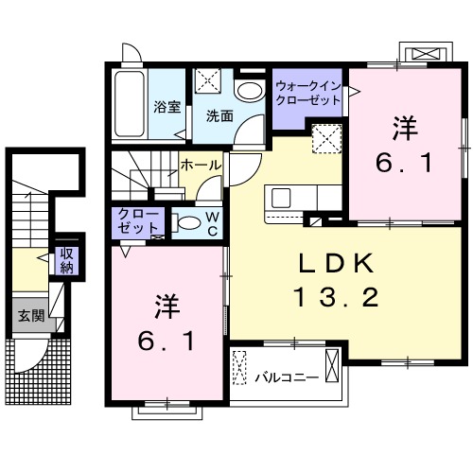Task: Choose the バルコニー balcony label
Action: tap(285, 377)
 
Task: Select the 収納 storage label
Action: tap(66, 259)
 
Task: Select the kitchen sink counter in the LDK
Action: tap(284, 199)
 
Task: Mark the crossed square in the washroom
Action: tap(208, 82)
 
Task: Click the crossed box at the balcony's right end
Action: tap(331, 364)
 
